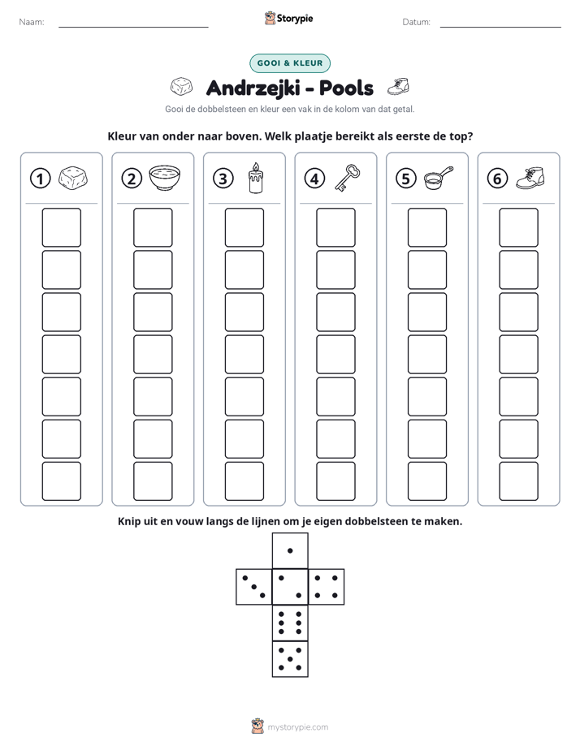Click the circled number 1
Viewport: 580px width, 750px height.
pos(40,179)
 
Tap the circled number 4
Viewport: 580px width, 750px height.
pos(314,179)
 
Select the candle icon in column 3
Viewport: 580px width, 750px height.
pos(256,178)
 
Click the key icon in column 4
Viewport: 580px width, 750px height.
pos(348,178)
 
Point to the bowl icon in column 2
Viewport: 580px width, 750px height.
pos(165,178)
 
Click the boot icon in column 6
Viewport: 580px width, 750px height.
pos(530,178)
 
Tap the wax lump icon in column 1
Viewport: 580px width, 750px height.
pos(73,178)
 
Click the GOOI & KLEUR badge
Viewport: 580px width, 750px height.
pos(290,63)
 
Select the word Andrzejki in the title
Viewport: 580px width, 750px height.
pos(253,88)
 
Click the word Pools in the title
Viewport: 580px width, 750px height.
pos(346,88)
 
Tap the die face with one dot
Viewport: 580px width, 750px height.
pos(290,550)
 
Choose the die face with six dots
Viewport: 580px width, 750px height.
pos(290,623)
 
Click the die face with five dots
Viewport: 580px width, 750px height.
pos(290,659)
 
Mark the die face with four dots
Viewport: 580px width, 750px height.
pos(327,587)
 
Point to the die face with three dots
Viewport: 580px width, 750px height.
pos(254,587)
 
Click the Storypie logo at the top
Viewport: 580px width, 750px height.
pos(289,19)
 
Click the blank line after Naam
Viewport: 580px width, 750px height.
pos(133,27)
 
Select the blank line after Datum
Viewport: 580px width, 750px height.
pos(500,27)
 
